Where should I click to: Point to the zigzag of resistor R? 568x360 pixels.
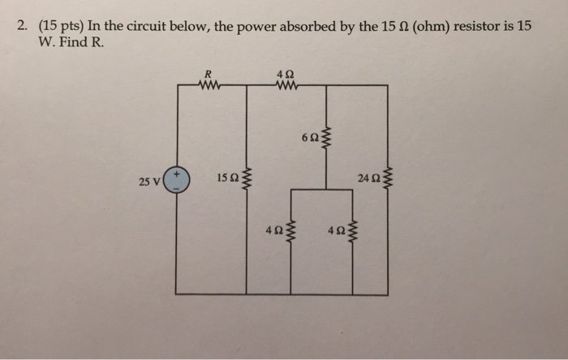[x=209, y=82]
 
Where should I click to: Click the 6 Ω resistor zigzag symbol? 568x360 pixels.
[x=327, y=139]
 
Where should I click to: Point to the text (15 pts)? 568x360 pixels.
[x=62, y=26]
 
